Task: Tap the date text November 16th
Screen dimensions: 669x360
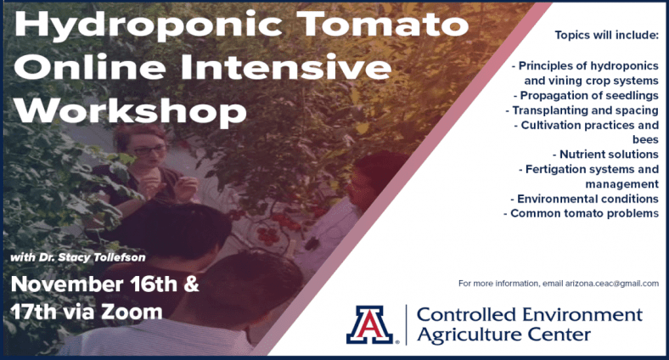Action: tap(94, 284)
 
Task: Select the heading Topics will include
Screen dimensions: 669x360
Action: tap(606, 36)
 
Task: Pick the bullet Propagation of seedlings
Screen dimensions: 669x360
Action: tap(587, 96)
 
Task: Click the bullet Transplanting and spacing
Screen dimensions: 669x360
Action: tap(582, 110)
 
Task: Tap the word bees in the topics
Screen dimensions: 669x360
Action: tap(645, 139)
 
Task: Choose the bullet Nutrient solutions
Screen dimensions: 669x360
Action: tap(606, 154)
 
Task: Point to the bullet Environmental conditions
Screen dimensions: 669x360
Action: tap(584, 199)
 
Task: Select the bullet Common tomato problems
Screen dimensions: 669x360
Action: tap(581, 213)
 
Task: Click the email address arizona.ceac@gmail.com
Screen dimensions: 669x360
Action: tap(612, 284)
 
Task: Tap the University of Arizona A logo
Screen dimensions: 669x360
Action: tap(370, 324)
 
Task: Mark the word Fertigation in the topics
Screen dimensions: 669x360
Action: tap(552, 169)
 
